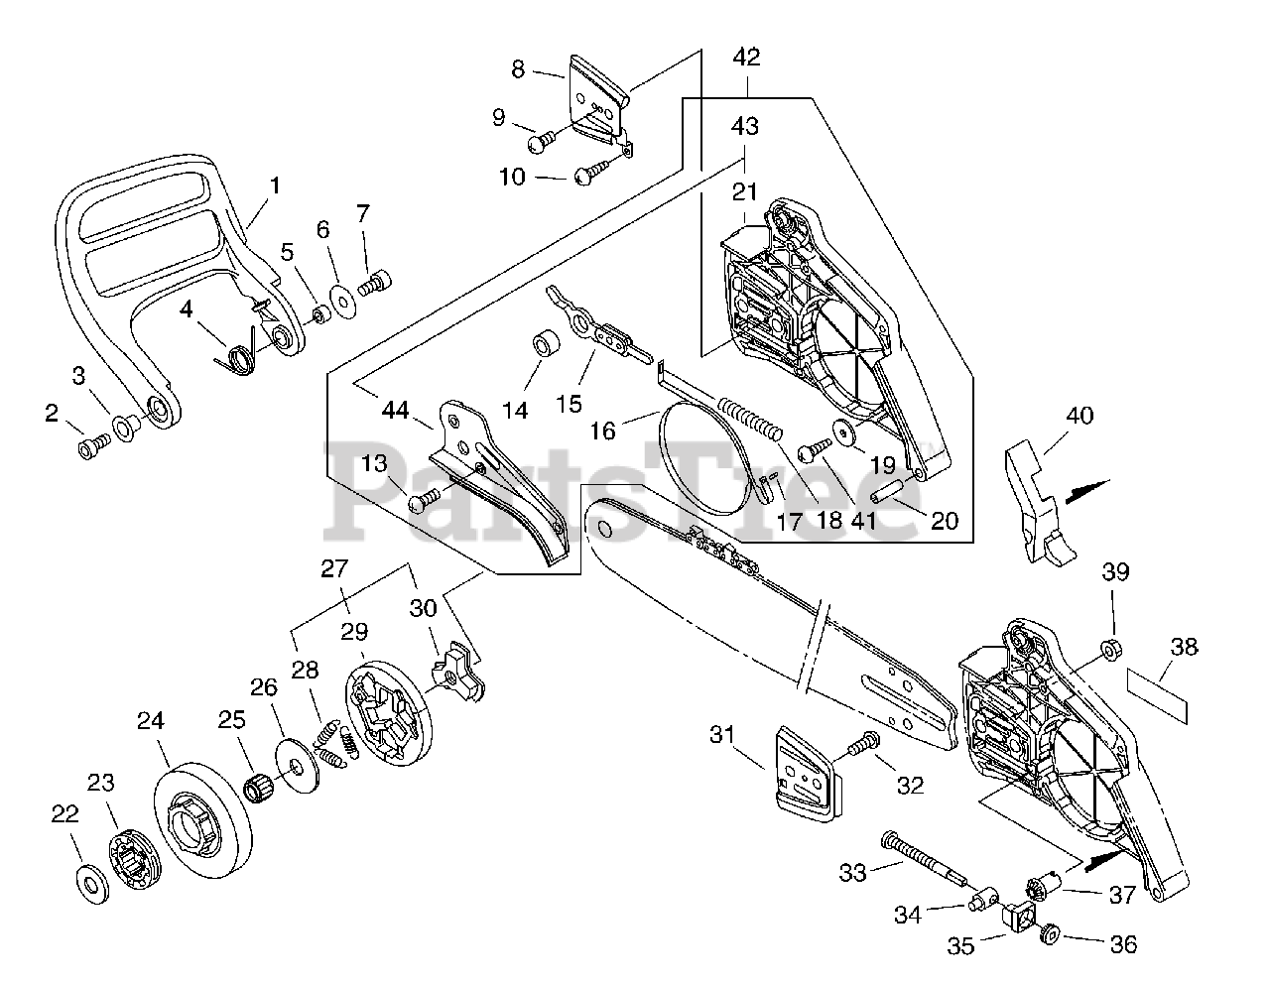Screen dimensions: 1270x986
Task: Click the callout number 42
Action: (x=746, y=58)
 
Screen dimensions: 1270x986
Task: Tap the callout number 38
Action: (x=1184, y=647)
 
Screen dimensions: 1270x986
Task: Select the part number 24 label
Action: (x=151, y=721)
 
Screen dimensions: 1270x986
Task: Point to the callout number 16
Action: (x=602, y=431)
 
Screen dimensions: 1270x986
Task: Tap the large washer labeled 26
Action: (x=297, y=766)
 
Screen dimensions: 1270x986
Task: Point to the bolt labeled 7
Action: (x=373, y=284)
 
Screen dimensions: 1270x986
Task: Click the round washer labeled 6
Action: (x=342, y=301)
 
